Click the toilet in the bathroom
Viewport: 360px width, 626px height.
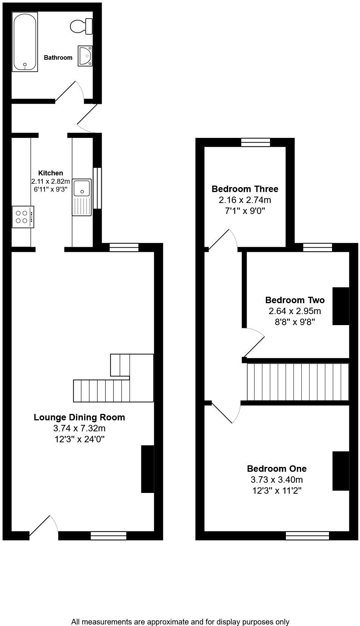click(x=81, y=26)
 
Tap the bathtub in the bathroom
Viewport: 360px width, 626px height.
click(x=25, y=42)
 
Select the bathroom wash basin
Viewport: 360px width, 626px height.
click(x=85, y=56)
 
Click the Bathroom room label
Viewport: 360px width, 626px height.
click(x=58, y=58)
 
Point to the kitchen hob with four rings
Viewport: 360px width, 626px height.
click(x=23, y=217)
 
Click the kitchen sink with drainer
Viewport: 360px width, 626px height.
click(x=82, y=197)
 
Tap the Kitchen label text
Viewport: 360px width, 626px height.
click(x=51, y=173)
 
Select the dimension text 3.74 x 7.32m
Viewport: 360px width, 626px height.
click(x=79, y=428)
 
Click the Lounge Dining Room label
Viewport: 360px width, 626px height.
click(x=79, y=417)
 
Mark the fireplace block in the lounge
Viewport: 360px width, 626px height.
click(x=147, y=469)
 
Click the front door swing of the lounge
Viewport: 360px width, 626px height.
click(x=43, y=526)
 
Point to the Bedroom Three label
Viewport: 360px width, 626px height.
click(x=245, y=189)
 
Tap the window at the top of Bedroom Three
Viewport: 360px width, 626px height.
click(x=256, y=142)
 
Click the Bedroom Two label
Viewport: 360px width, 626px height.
click(x=295, y=300)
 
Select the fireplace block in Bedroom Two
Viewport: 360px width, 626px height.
click(x=340, y=306)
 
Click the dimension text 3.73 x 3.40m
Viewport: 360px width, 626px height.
click(x=276, y=480)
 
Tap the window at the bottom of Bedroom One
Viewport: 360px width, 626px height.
click(x=307, y=535)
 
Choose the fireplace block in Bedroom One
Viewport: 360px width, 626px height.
click(x=340, y=471)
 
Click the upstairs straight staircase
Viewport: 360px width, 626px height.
click(x=297, y=382)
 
